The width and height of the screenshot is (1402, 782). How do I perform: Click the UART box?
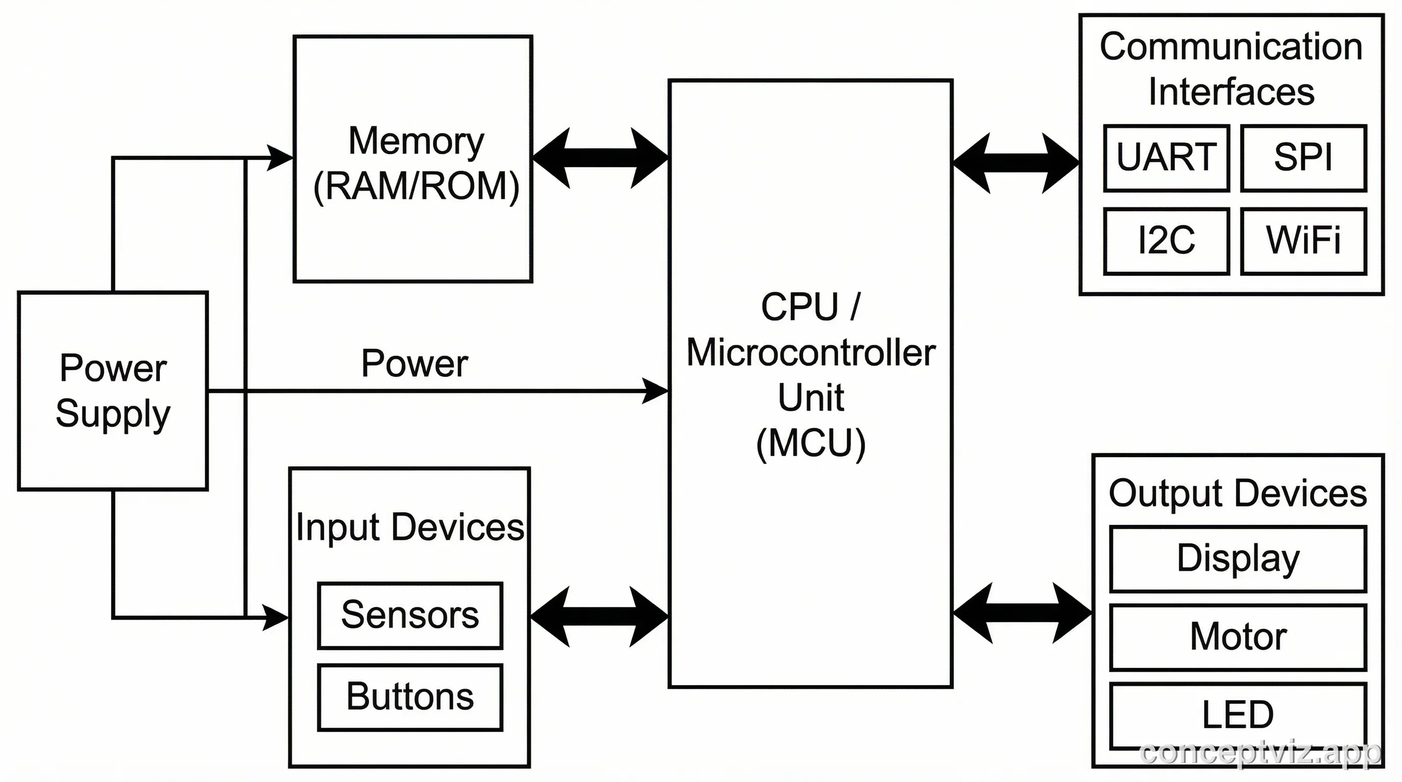(x=1166, y=158)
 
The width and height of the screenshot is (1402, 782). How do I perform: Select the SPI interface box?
(x=1303, y=158)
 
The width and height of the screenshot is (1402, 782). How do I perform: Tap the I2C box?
(x=1166, y=241)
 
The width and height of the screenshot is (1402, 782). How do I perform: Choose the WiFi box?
(x=1303, y=241)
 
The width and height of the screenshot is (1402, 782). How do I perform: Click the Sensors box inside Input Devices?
(x=410, y=616)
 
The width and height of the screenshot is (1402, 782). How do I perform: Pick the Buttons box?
(x=410, y=697)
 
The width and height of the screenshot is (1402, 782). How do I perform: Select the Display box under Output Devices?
(x=1237, y=558)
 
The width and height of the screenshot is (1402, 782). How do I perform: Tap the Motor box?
(x=1237, y=637)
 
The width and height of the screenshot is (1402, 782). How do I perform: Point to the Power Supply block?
(x=113, y=391)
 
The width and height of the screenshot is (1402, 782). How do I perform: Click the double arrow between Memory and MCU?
(x=600, y=158)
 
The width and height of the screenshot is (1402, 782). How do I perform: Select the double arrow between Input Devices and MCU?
(x=599, y=617)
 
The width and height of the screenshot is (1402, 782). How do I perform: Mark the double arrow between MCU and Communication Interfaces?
(x=1015, y=162)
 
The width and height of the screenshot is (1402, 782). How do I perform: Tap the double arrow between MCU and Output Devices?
(x=1022, y=613)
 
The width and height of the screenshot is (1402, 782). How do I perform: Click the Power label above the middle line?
(x=414, y=364)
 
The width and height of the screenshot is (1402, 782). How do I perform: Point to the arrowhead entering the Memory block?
(x=280, y=158)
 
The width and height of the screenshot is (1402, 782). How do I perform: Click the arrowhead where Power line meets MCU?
(x=655, y=391)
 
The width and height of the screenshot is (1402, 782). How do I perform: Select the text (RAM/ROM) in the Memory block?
(x=416, y=186)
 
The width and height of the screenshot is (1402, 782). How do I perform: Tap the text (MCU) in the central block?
(x=811, y=444)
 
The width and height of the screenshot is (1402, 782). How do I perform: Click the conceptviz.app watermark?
(x=1259, y=753)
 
